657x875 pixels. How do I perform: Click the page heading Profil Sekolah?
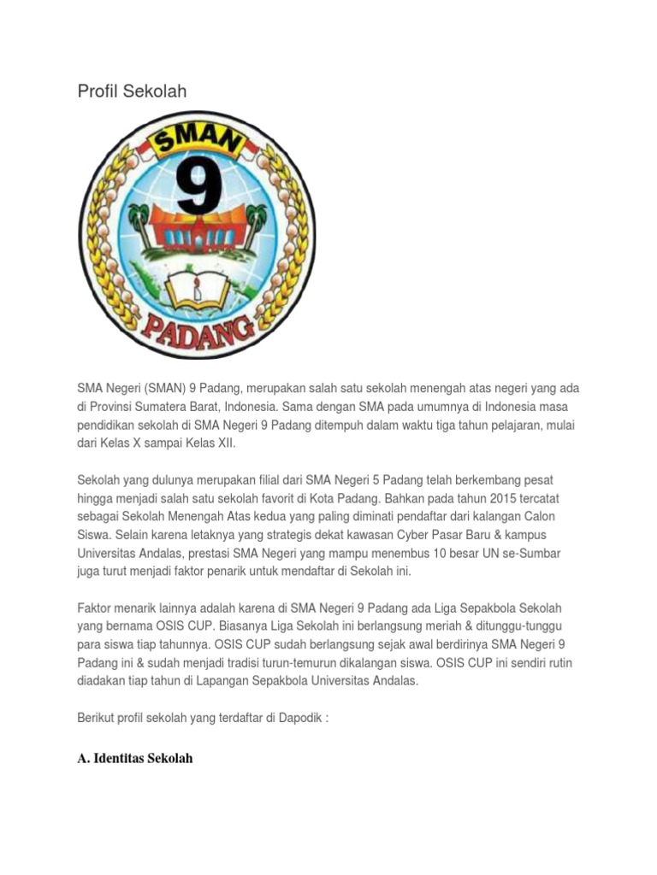[x=132, y=91]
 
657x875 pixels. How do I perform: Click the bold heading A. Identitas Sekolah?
[x=135, y=759]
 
